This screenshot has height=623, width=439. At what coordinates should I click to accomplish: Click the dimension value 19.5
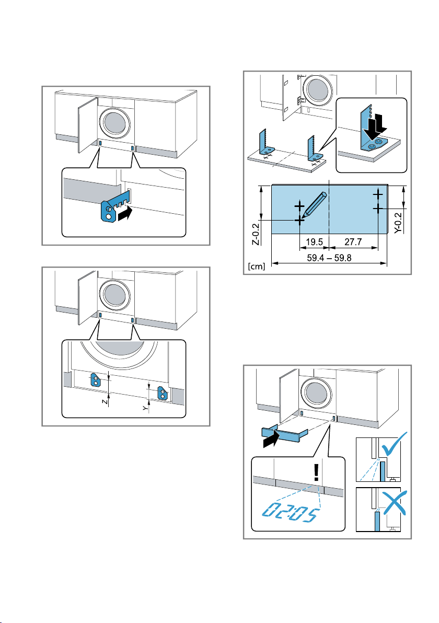tap(314, 242)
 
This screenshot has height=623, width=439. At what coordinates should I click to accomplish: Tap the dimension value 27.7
tap(353, 242)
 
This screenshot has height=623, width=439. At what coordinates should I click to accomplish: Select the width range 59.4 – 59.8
tap(329, 258)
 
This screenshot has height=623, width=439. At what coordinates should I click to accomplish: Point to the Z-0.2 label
tap(256, 234)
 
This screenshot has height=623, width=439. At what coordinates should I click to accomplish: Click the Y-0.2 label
tap(398, 223)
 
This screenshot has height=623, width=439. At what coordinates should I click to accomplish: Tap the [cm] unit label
tap(256, 266)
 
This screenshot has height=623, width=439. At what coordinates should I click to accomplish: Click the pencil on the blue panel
tap(314, 205)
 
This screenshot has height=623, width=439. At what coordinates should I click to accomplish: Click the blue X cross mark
tap(394, 503)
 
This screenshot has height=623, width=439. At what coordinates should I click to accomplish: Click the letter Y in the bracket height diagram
tap(146, 408)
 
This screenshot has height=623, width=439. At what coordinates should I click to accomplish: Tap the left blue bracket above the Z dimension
tap(96, 380)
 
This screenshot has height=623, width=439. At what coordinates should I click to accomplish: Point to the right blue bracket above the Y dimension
tap(163, 393)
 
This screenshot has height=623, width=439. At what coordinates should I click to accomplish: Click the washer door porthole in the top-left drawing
tap(114, 123)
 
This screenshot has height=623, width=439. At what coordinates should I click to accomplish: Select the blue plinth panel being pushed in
tap(284, 434)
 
